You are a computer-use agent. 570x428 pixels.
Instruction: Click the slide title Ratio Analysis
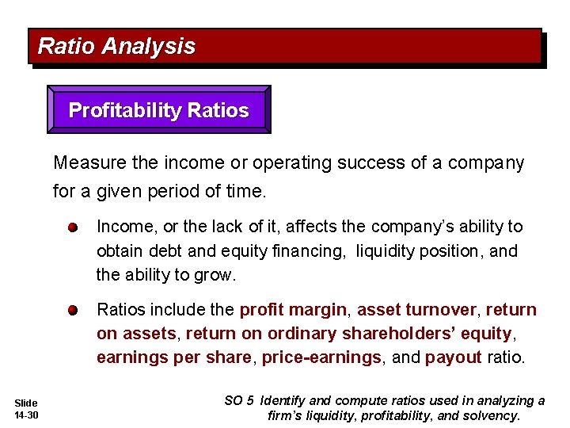tap(116, 47)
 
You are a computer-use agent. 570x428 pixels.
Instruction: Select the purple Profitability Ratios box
tap(158, 110)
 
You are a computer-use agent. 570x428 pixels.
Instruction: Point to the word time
tap(247, 191)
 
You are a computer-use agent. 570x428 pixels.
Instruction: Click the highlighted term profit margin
tap(293, 309)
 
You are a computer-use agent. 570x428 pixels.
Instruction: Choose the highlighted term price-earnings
tap(321, 357)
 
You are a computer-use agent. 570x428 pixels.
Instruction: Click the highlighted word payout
tap(453, 357)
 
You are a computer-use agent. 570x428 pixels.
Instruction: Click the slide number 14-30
tap(26, 415)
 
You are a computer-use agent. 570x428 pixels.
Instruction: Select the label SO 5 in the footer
tap(240, 401)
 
